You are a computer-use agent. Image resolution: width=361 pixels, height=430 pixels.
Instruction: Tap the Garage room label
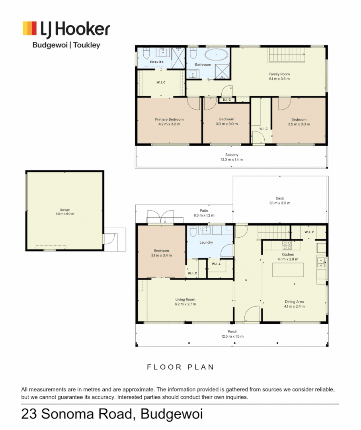pos(64,209)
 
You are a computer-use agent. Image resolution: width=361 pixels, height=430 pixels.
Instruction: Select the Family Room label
pos(279,74)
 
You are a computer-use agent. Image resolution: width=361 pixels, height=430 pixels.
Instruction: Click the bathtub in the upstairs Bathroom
pos(217,55)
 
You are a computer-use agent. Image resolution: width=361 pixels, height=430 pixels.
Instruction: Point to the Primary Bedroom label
pos(169,119)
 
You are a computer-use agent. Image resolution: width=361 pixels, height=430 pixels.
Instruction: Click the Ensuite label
pos(156,62)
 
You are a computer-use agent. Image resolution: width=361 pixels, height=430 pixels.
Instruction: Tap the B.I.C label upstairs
pos(227,100)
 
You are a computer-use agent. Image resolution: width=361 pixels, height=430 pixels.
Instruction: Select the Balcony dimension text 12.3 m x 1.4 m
pos(232,159)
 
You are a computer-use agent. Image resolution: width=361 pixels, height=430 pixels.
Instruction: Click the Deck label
pos(280,198)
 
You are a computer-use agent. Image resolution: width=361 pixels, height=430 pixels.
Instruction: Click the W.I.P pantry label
pos(309,232)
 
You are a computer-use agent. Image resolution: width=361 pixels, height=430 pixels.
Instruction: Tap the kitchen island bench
pos(288,270)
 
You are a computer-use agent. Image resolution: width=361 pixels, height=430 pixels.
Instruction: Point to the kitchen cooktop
pos(287,245)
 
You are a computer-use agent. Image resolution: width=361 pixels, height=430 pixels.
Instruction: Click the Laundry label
pos(206,242)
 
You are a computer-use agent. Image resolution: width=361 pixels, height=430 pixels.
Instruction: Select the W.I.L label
pos(216,264)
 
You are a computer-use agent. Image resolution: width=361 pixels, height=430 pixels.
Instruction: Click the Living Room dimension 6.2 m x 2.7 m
pos(185,304)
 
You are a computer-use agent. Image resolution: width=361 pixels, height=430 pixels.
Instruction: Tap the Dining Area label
pos(295,301)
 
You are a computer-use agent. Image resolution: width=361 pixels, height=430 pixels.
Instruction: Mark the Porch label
pos(232,332)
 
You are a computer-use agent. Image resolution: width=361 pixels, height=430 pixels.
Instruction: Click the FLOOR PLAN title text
pos(180,367)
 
